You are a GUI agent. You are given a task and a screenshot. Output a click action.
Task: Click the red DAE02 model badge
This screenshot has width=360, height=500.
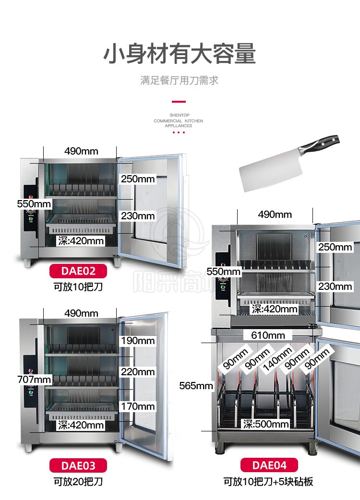(78, 271)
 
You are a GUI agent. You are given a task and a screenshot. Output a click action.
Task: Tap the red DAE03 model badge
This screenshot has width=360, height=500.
(78, 465)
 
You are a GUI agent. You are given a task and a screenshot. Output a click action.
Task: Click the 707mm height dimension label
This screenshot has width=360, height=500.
(34, 380)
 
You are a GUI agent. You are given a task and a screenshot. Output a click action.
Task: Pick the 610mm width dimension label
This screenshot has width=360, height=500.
(264, 335)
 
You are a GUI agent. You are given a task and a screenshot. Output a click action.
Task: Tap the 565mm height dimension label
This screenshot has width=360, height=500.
(196, 386)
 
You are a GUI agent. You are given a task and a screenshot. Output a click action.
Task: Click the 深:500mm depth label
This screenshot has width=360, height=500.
(266, 424)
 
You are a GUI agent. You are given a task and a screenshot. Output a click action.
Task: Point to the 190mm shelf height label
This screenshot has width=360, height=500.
(138, 341)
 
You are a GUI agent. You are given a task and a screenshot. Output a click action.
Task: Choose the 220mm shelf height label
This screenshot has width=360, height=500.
(138, 371)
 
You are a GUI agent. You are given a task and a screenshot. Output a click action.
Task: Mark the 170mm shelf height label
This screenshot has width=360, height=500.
(138, 406)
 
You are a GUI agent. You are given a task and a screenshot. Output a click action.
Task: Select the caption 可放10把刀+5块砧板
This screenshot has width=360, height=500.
(269, 481)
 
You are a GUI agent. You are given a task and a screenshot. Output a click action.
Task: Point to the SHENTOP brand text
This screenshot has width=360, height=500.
(179, 116)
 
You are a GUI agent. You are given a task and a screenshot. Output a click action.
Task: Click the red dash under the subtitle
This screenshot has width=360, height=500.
(179, 102)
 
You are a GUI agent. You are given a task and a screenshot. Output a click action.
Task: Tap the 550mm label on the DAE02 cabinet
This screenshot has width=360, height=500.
(34, 203)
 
